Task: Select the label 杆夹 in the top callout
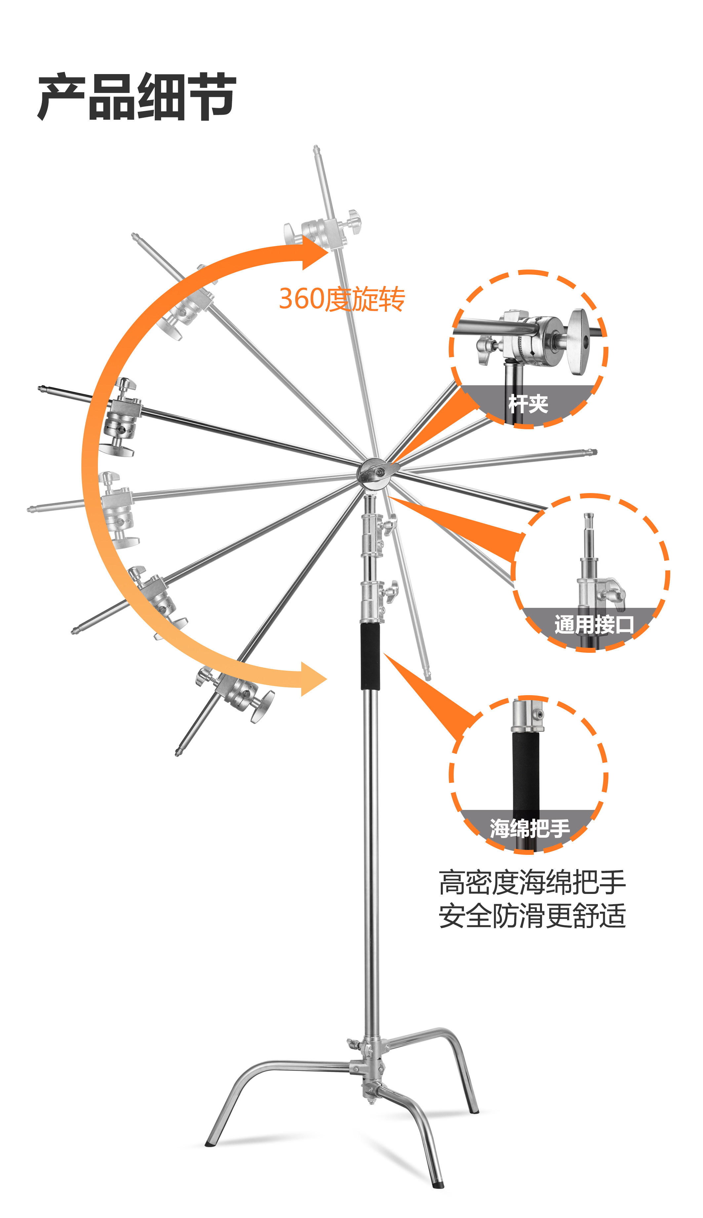click(x=528, y=403)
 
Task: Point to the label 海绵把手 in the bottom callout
click(x=530, y=829)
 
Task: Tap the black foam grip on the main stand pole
click(x=370, y=655)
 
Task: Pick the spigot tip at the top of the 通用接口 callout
click(x=588, y=519)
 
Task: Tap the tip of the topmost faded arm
click(x=316, y=149)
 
